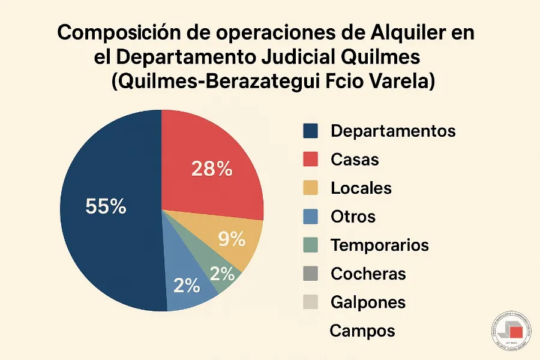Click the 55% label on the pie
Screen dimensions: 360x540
pos(106,207)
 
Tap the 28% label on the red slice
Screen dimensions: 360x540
pos(212,169)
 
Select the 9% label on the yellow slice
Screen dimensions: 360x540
pos(231,240)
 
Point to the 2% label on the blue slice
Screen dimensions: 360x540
pos(186,286)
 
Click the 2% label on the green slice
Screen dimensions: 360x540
pos(222,274)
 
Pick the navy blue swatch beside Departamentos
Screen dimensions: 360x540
pos(310,131)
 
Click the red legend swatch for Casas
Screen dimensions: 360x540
pos(310,160)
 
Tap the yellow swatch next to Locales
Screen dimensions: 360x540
pos(310,188)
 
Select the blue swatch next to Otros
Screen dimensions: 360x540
pos(310,217)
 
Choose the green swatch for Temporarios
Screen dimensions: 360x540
pos(310,245)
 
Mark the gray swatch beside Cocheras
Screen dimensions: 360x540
pos(310,274)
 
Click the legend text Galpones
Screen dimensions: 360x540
pos(368,302)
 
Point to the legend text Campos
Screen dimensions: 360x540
pos(362,330)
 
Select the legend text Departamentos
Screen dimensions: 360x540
pos(393,131)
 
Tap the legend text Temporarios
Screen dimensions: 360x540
pos(380,245)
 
